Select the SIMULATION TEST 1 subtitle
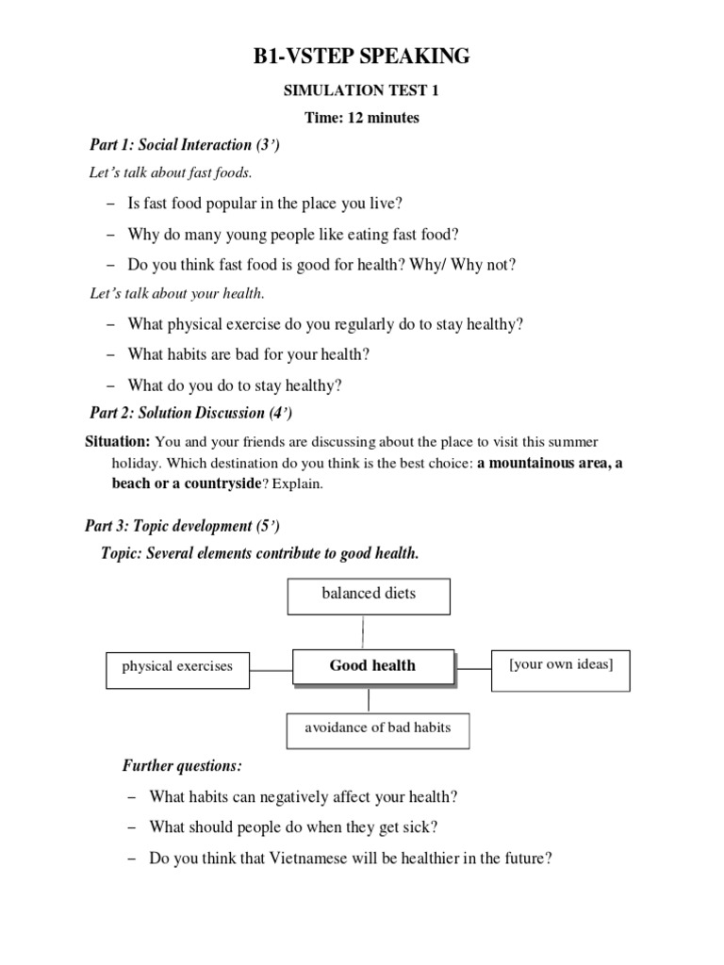coord(362,91)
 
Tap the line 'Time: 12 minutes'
coord(362,118)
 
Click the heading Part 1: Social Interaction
coord(185,145)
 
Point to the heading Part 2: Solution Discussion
coord(191,413)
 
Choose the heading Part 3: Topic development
coord(185,525)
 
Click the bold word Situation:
coord(117,442)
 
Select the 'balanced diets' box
coord(367,595)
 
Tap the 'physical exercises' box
coord(176,666)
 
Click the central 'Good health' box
coord(372,665)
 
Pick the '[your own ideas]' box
coord(561,665)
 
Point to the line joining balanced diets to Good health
coord(359,631)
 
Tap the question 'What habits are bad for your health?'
coord(249,354)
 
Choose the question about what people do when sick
coord(293,827)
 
